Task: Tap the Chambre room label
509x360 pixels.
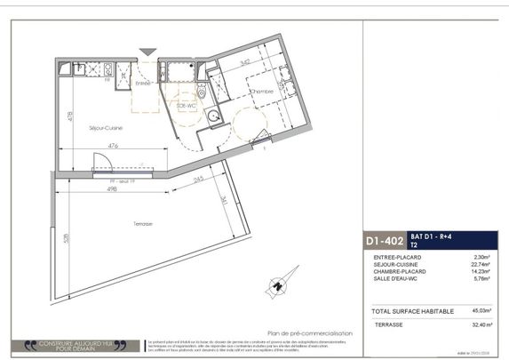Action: tap(260, 92)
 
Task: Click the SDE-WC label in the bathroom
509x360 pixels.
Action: tap(186, 106)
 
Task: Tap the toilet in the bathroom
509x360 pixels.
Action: tap(202, 92)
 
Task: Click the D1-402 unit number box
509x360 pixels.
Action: tap(385, 240)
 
